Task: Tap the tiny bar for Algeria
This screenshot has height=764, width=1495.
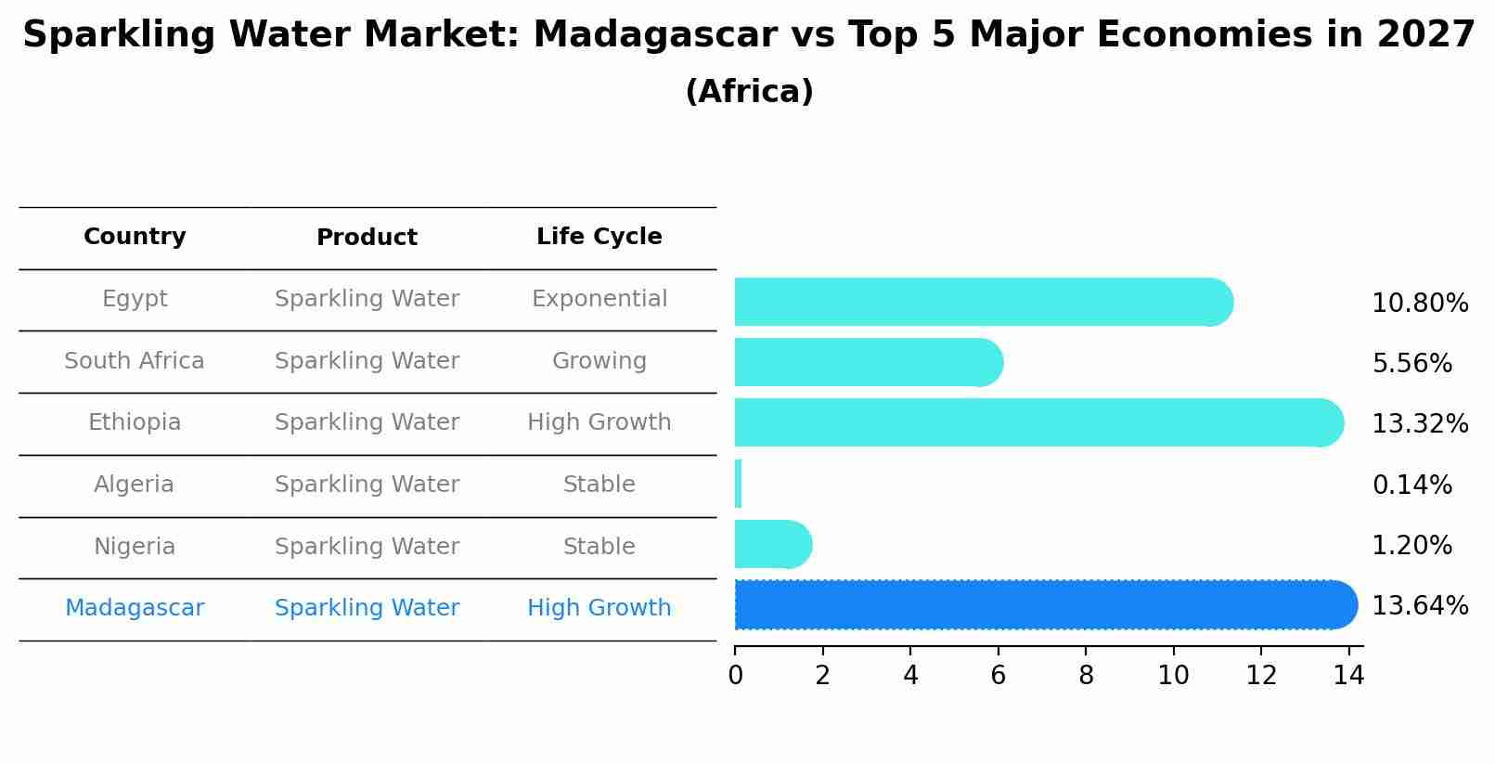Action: pos(738,484)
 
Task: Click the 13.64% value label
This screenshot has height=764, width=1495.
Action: pos(1419,606)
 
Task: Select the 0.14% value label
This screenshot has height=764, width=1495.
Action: pos(1411,485)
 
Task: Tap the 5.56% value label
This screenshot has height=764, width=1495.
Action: pos(1411,363)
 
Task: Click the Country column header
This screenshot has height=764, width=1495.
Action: pos(135,237)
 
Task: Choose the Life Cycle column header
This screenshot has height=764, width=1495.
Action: pos(599,237)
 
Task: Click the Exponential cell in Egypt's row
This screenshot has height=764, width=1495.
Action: pos(599,299)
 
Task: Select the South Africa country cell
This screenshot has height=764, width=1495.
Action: pos(135,361)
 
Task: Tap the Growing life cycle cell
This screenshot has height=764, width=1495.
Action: pos(599,361)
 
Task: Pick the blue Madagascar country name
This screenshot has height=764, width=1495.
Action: pos(135,608)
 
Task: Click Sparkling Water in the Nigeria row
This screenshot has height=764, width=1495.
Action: pos(367,547)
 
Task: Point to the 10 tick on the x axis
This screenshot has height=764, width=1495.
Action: pos(1173,675)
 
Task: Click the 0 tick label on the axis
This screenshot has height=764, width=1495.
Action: pos(735,675)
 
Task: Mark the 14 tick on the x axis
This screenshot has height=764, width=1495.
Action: pos(1348,675)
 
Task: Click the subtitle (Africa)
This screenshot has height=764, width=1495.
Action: pos(749,92)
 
